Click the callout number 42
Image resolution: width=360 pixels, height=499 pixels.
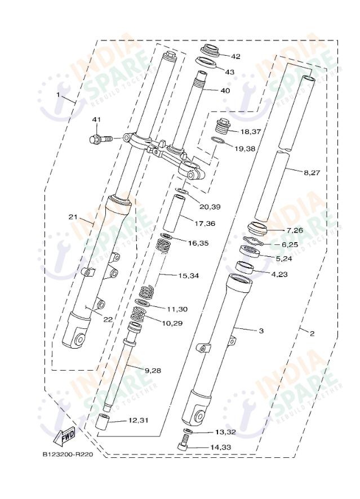[235, 56]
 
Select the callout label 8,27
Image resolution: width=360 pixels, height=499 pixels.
[311, 173]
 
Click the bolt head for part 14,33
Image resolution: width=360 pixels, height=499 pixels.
[184, 446]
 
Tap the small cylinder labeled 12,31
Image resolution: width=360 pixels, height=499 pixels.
[101, 424]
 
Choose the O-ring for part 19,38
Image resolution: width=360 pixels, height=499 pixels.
[220, 141]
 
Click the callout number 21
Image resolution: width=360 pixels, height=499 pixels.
[72, 217]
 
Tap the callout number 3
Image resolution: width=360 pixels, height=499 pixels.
[261, 331]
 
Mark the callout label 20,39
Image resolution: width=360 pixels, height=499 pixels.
[210, 207]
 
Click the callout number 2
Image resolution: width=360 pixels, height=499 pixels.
[312, 333]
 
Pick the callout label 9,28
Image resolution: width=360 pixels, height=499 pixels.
[153, 370]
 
